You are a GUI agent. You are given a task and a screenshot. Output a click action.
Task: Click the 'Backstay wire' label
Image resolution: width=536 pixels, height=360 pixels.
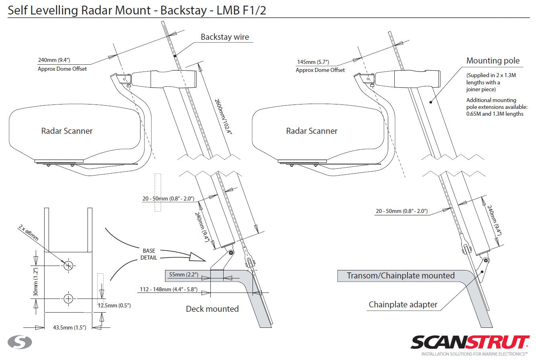click(x=225, y=37)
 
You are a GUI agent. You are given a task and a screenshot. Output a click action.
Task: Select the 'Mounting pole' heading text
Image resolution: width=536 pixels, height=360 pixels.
click(x=493, y=61)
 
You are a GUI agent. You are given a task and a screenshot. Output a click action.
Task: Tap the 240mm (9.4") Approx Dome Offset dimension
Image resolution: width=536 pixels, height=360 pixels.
click(x=54, y=60)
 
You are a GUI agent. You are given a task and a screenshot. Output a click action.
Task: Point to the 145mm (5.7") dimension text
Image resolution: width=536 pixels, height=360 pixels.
click(x=313, y=62)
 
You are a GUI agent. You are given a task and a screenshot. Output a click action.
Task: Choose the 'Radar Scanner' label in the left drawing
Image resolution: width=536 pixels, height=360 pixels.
click(x=67, y=131)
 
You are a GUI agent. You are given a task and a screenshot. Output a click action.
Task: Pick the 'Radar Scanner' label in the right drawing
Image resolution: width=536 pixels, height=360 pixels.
click(x=312, y=131)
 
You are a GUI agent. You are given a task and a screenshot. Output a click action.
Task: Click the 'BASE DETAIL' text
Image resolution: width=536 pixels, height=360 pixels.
click(x=149, y=254)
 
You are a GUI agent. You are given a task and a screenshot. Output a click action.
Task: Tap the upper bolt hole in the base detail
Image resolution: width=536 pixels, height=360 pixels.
click(x=68, y=265)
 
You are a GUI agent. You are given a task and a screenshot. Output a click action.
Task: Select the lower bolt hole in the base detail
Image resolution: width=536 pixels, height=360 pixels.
click(x=68, y=299)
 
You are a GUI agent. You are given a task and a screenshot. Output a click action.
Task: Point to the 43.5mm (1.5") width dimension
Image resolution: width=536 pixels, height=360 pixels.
click(x=69, y=327)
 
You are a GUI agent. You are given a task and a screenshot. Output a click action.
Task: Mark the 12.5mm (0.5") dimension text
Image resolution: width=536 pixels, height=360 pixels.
click(x=114, y=306)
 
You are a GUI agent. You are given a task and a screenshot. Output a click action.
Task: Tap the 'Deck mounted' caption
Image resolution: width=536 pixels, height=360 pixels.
click(x=212, y=309)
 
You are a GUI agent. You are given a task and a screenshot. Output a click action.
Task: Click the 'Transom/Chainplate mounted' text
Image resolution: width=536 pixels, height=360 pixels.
click(x=400, y=275)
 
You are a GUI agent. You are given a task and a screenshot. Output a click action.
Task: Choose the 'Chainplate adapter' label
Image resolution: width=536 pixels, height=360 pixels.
click(x=403, y=305)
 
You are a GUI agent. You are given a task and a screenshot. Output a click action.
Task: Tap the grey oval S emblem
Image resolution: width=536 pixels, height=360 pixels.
click(x=20, y=342)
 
